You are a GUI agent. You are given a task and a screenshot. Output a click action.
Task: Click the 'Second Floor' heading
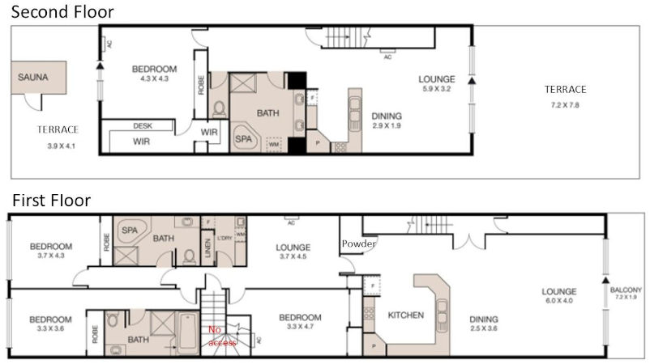pos(62,12)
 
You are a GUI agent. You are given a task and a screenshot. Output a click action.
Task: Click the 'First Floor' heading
pos(50,200)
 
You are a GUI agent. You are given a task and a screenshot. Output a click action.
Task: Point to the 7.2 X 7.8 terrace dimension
pos(565,105)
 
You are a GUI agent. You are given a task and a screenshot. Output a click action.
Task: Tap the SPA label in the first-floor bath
pos(130,231)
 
